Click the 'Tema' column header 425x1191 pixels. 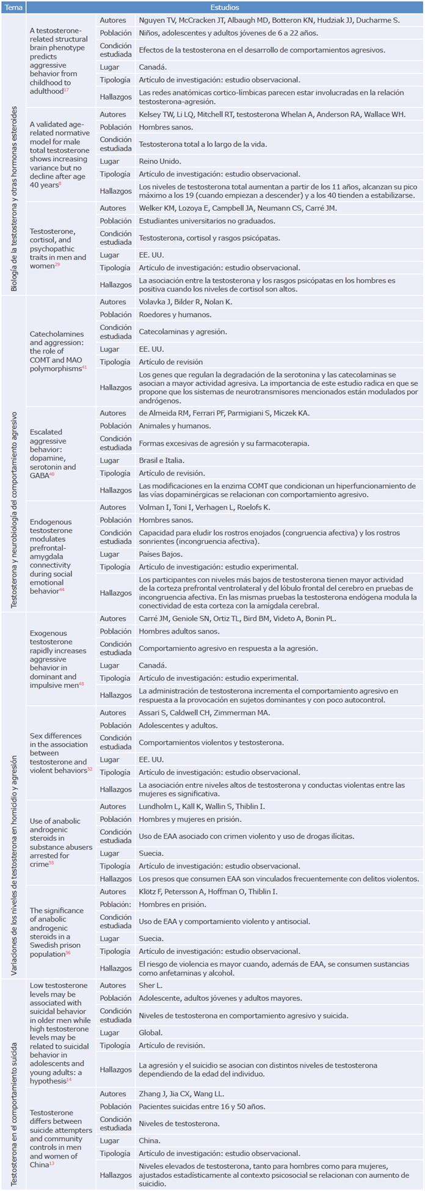[14, 8]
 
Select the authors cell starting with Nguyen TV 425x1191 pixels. [269, 20]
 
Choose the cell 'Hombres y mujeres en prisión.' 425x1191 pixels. [190, 819]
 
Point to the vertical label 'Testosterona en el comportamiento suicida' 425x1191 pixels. [14, 1083]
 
